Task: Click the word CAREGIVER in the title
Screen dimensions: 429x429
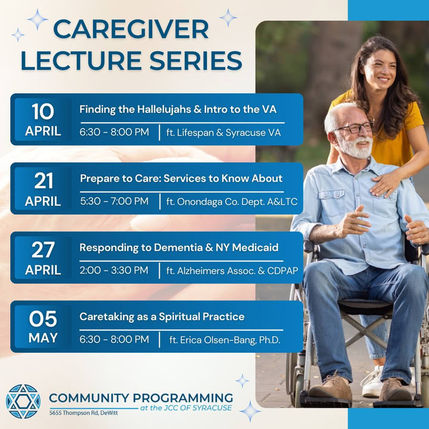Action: click(130, 29)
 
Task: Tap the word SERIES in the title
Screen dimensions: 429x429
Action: click(195, 60)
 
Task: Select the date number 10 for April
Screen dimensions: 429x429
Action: click(43, 111)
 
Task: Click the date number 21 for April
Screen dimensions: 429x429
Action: click(43, 181)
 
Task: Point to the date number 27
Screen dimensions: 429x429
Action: click(43, 250)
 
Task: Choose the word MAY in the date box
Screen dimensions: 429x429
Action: click(43, 338)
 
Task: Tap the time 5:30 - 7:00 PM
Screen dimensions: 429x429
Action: click(114, 201)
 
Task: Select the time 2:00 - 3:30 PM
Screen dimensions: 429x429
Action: click(114, 271)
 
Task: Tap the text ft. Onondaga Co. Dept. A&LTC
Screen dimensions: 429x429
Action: click(232, 202)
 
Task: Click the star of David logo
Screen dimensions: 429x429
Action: click(23, 402)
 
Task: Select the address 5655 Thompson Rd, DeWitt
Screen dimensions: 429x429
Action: click(83, 413)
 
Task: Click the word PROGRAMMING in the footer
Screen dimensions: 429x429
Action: click(183, 398)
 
